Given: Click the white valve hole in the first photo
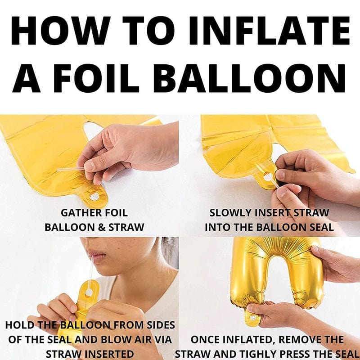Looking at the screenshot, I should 95,196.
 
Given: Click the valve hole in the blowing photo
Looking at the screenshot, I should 89,292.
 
